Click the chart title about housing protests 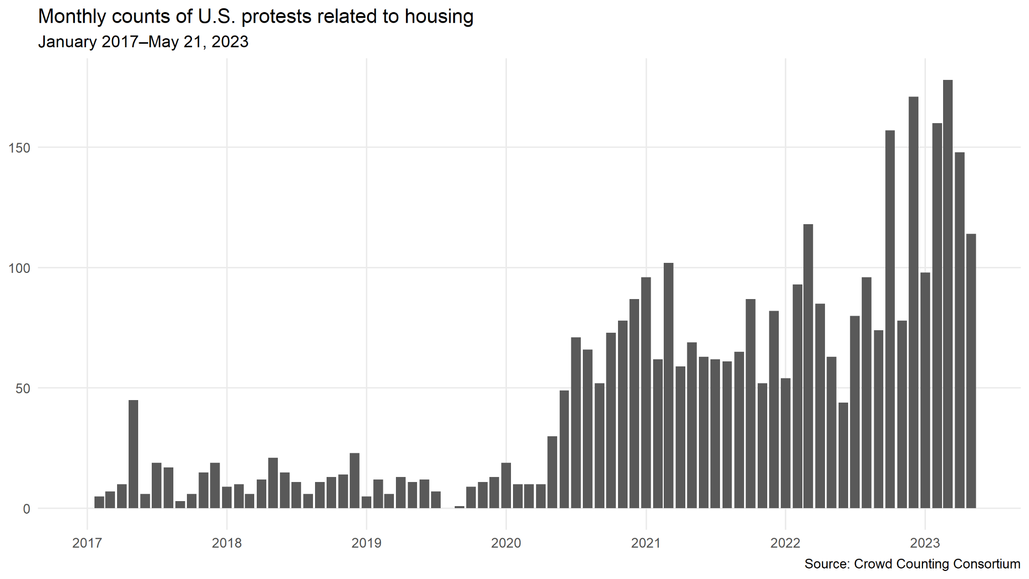pos(256,17)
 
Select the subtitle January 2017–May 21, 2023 pos(143,42)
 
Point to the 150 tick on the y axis pos(20,148)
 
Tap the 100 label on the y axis pos(20,268)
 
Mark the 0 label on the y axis pos(26,509)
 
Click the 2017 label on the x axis pos(87,543)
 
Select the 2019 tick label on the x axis pos(366,543)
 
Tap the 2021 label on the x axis pos(646,543)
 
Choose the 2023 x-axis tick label pos(925,543)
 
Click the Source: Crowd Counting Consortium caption pos(912,564)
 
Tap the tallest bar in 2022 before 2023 pos(913,302)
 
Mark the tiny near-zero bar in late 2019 pos(459,507)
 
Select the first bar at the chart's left pos(99,502)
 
